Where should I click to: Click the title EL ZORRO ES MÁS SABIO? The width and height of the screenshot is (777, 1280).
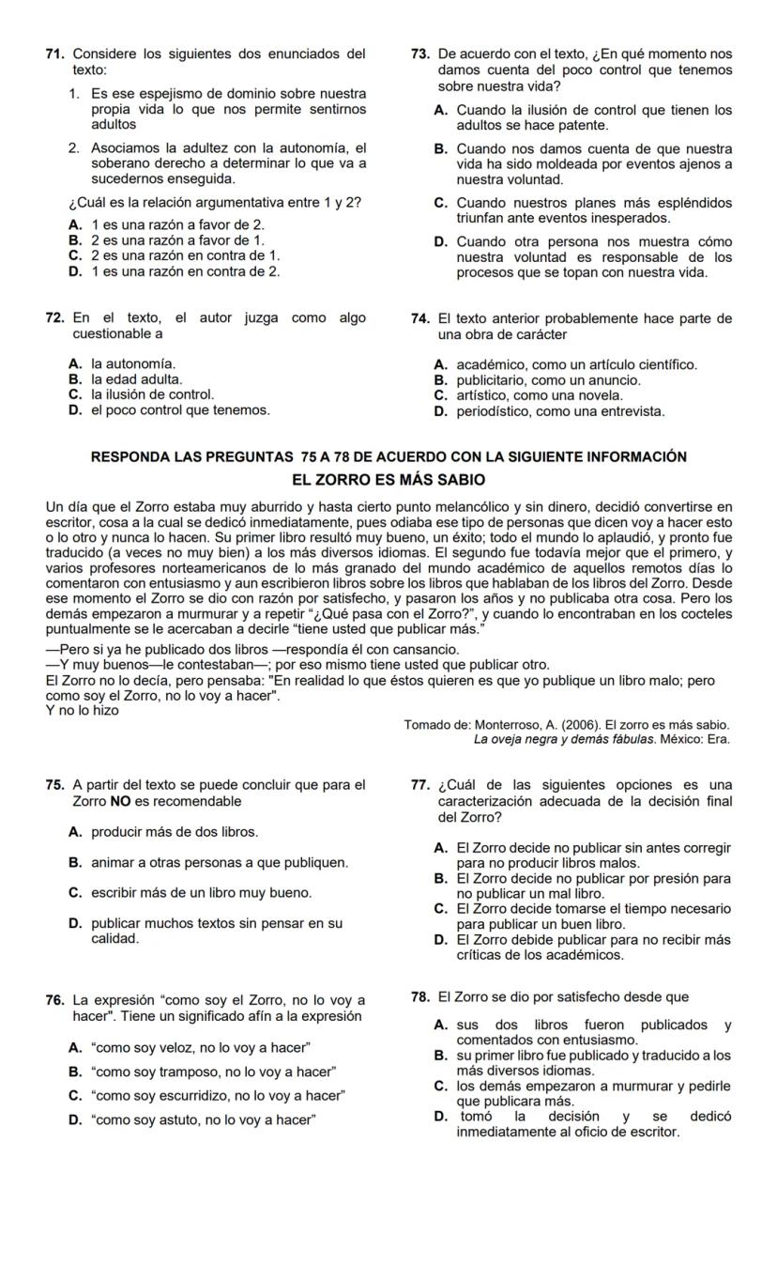[388, 480]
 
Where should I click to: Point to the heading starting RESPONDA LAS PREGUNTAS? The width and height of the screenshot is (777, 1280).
[388, 456]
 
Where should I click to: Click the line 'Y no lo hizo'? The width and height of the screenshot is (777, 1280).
[83, 710]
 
